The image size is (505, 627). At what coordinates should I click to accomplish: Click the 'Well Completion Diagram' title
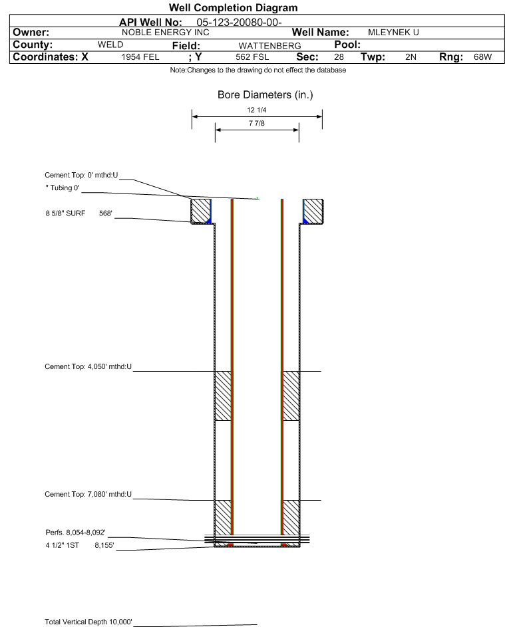point(234,7)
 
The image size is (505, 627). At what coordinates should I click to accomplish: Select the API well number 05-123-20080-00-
point(239,23)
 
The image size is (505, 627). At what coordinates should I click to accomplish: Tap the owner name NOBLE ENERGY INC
point(165,33)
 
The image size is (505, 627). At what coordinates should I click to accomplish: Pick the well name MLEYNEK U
point(393,33)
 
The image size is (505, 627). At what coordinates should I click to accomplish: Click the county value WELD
point(110,45)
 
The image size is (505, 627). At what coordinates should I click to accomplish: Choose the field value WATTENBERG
point(269,46)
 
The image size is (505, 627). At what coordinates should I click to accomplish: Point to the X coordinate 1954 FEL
point(140,57)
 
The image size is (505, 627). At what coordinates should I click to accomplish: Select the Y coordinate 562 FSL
point(252,57)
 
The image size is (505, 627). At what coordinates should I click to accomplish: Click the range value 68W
point(482,57)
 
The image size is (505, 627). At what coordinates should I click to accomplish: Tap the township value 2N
point(411,57)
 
